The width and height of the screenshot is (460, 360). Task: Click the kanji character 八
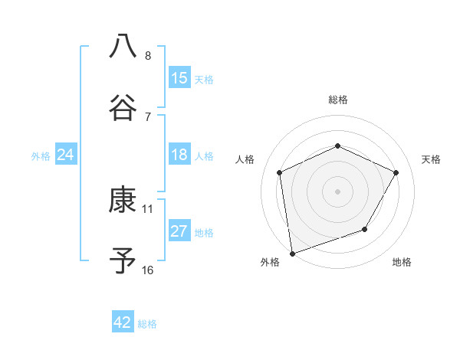(123, 46)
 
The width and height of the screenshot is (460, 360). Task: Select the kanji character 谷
(123, 107)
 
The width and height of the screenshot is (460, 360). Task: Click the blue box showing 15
(179, 78)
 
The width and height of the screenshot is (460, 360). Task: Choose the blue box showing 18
(179, 155)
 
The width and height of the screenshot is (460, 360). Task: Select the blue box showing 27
(179, 232)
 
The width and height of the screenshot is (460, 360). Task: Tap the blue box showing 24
(66, 155)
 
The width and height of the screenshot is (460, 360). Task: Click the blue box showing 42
(123, 323)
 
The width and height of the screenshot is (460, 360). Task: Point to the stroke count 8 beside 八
(148, 56)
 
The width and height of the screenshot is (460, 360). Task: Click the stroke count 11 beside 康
(148, 208)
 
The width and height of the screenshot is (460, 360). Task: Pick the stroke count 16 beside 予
(148, 270)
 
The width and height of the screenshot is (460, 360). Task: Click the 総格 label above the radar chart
(338, 100)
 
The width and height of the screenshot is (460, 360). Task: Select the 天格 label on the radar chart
(432, 159)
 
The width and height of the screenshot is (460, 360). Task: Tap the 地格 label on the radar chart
(402, 263)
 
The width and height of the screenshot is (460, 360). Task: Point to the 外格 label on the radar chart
(270, 263)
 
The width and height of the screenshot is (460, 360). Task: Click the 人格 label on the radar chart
(245, 159)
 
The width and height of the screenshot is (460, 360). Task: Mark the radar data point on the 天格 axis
(396, 172)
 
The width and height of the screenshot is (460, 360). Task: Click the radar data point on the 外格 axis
(292, 253)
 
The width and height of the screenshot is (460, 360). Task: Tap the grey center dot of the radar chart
(338, 191)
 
